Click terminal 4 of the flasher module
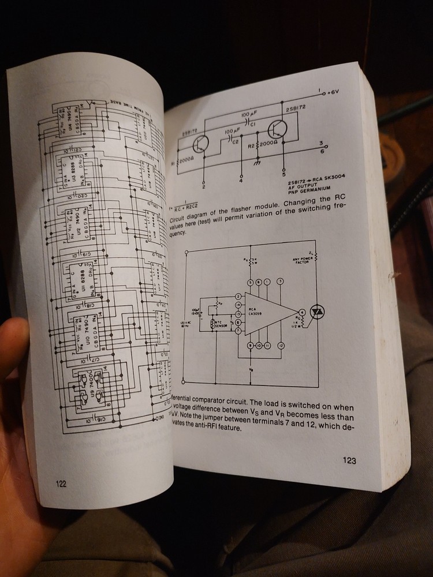pyautogui.click(x=241, y=179)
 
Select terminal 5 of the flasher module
pyautogui.click(x=283, y=174)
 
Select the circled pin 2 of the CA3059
pyautogui.click(x=237, y=297)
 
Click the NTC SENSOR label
pyautogui.click(x=221, y=324)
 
